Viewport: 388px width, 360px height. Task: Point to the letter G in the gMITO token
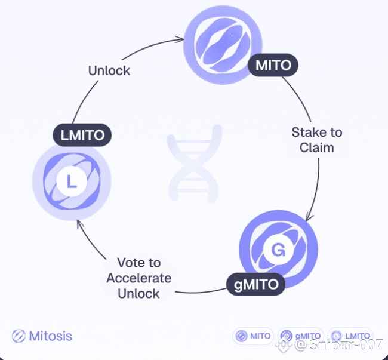pos(278,250)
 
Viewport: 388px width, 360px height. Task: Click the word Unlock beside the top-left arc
pos(109,70)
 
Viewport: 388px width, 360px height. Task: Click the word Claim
pos(317,147)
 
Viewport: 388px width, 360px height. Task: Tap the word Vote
pos(138,263)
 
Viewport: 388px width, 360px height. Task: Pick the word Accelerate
pos(138,278)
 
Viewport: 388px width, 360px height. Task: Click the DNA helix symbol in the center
pos(192,167)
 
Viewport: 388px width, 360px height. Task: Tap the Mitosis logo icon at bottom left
pos(19,336)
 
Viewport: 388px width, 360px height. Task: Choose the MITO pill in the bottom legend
pos(253,336)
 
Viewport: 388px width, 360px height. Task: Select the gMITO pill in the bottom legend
pos(301,336)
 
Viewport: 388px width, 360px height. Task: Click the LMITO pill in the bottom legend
pos(350,336)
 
